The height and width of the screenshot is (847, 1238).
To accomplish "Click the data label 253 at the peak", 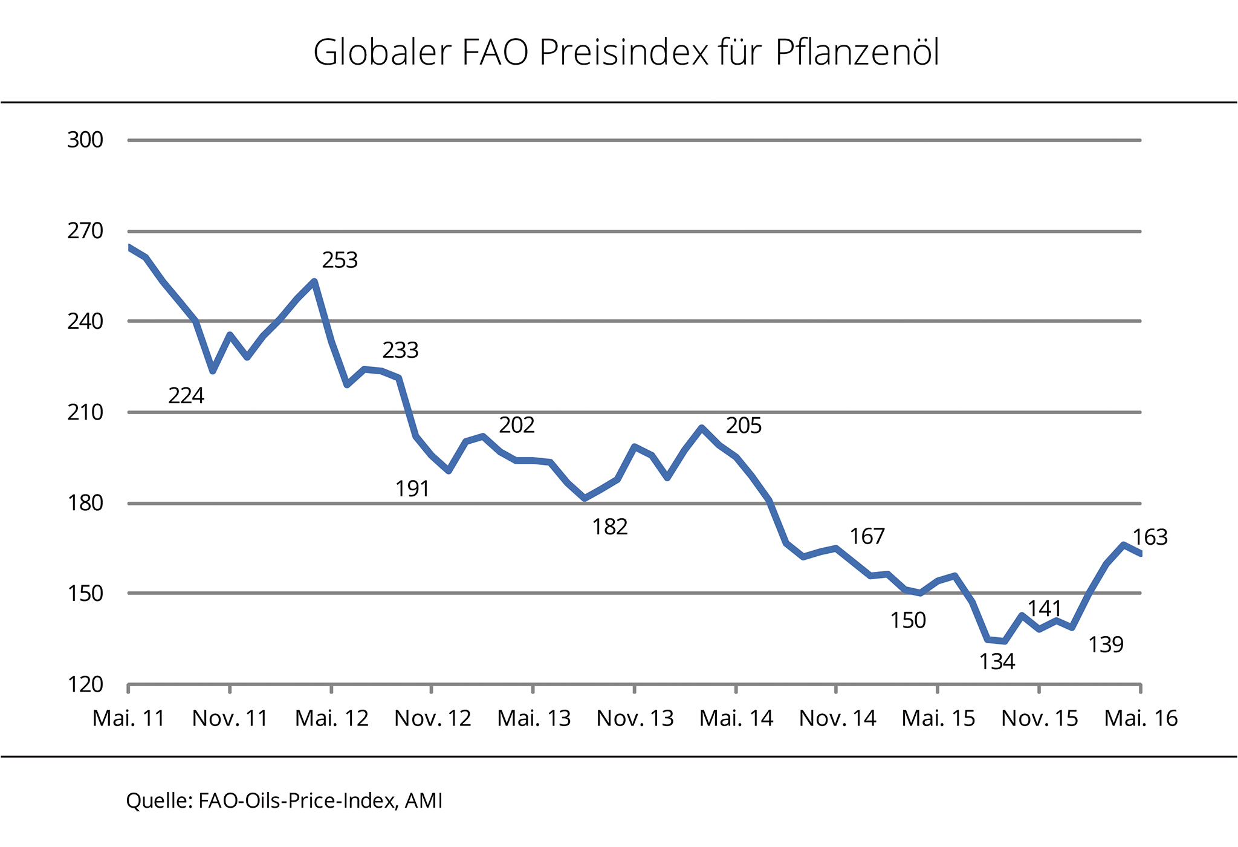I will click(x=340, y=261).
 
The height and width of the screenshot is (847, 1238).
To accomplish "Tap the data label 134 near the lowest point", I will click(x=997, y=662).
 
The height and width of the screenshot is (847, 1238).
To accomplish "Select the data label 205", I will click(x=744, y=426).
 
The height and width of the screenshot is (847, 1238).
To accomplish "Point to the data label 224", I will click(x=186, y=396).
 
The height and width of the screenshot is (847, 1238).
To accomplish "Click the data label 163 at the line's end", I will click(x=1149, y=537).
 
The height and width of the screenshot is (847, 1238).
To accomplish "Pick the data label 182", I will click(x=610, y=527).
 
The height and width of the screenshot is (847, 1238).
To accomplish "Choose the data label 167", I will click(x=867, y=536).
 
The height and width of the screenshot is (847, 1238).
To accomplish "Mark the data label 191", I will click(x=412, y=488).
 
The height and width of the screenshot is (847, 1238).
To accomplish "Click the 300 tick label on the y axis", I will click(x=85, y=140).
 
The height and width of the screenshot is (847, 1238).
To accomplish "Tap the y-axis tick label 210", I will click(x=85, y=413).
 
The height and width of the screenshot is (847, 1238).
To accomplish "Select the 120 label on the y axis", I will click(x=85, y=685).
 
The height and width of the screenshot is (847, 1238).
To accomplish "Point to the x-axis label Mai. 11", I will click(x=129, y=718).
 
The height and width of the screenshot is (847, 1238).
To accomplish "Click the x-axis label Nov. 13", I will click(x=635, y=718).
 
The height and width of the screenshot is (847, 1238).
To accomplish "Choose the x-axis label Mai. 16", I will click(x=1141, y=718).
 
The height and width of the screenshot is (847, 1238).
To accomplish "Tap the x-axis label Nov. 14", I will click(x=837, y=718).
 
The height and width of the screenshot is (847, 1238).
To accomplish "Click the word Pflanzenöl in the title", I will click(x=857, y=53).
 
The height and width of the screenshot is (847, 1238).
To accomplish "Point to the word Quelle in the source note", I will click(x=159, y=800).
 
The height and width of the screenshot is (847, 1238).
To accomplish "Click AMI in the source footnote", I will click(x=424, y=800).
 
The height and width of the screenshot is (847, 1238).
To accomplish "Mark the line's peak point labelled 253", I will click(x=314, y=281).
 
